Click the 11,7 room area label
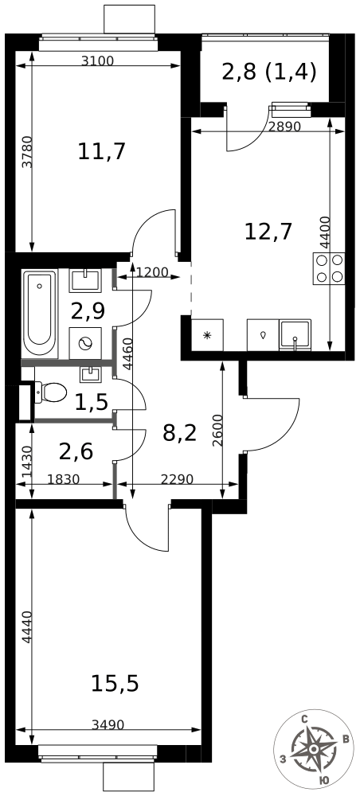[x=102, y=151]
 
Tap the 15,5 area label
[x=115, y=683]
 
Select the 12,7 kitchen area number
[x=268, y=232]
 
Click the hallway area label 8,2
[x=180, y=433]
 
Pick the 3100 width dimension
[x=97, y=61]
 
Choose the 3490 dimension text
[x=108, y=724]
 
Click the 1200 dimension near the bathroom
[x=152, y=271]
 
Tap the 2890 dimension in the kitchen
[x=285, y=127]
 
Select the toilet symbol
[x=51, y=392]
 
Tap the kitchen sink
[x=295, y=335]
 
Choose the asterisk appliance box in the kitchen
[x=207, y=335]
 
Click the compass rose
[x=313, y=749]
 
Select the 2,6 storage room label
[x=76, y=451]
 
